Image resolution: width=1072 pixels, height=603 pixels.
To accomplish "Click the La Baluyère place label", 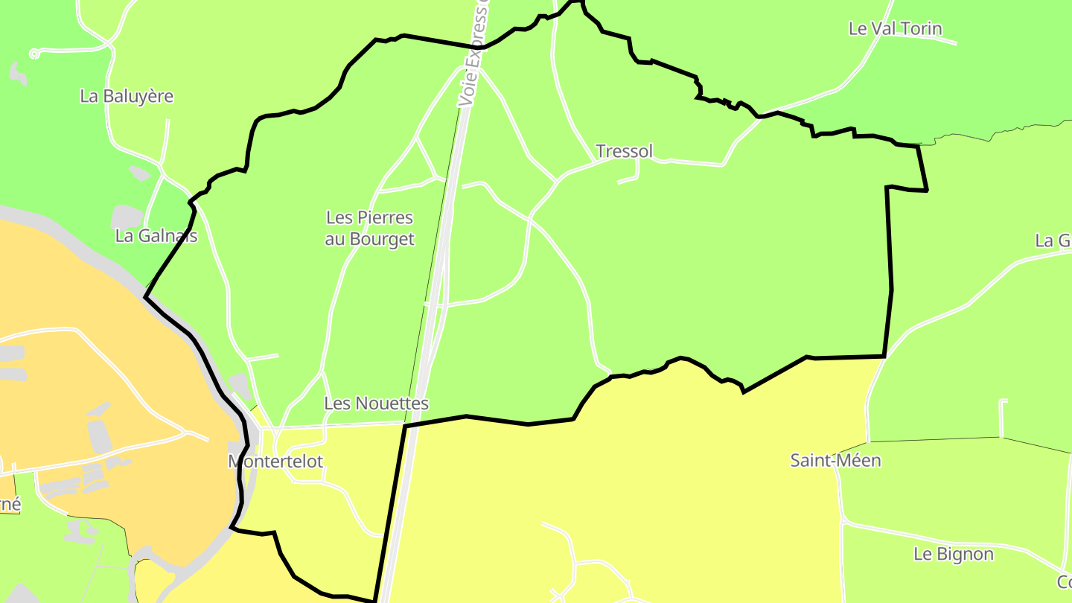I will (x=127, y=96).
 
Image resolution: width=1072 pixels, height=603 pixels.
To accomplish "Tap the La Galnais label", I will (x=156, y=236).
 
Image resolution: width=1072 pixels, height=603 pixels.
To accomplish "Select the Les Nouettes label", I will (x=377, y=403).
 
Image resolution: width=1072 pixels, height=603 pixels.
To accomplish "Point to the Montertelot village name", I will (x=275, y=462).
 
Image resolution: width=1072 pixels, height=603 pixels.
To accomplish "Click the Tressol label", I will (x=624, y=151).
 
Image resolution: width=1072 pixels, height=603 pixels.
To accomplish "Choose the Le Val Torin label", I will (x=895, y=29).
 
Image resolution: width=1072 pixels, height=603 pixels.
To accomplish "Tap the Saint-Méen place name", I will (x=835, y=461).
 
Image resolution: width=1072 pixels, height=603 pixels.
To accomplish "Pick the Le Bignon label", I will (x=953, y=555).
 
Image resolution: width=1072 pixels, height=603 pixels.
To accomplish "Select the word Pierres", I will (x=385, y=218).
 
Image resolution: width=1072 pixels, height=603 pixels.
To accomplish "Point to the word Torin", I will (x=920, y=29).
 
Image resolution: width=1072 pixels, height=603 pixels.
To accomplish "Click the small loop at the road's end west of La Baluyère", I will (x=34, y=54).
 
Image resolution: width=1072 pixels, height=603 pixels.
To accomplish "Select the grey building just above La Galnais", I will (x=127, y=217).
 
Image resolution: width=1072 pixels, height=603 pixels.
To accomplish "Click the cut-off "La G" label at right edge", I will (x=1053, y=240).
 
